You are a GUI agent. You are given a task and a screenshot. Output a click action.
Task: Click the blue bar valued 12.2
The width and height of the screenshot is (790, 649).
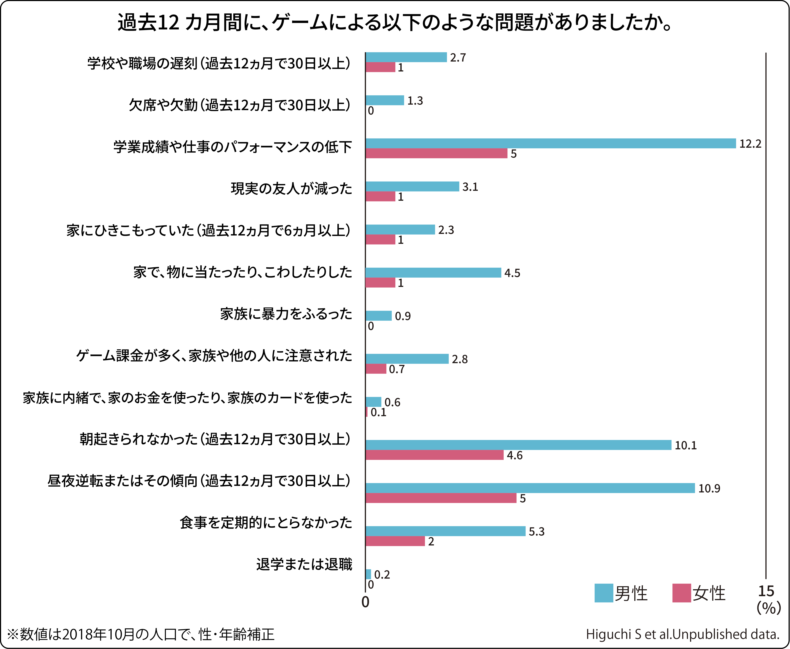(x=550, y=144)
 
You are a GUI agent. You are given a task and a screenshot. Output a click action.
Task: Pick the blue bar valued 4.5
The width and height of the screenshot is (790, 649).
(x=433, y=273)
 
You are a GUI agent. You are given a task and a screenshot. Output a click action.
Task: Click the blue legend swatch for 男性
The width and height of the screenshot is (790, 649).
(x=604, y=593)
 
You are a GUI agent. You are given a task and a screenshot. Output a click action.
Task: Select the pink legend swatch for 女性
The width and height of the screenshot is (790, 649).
(x=682, y=593)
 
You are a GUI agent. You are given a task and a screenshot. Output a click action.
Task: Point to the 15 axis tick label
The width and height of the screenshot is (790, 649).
(x=766, y=591)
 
